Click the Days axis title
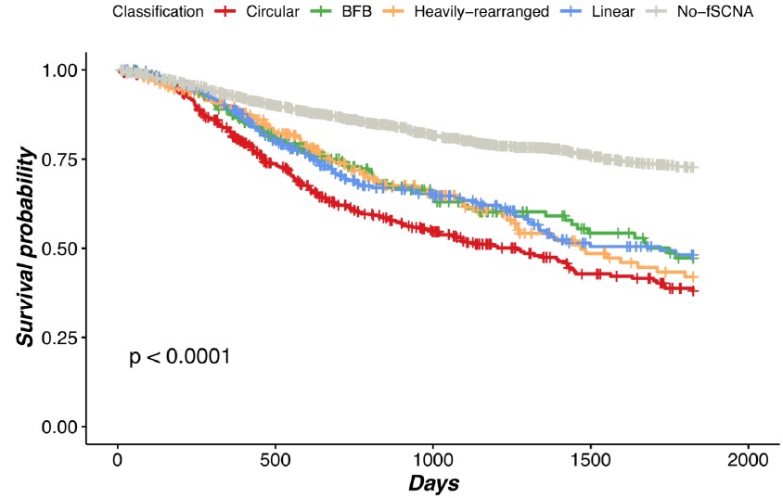(433, 483)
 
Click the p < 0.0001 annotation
(179, 357)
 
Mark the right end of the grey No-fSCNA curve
(695, 168)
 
